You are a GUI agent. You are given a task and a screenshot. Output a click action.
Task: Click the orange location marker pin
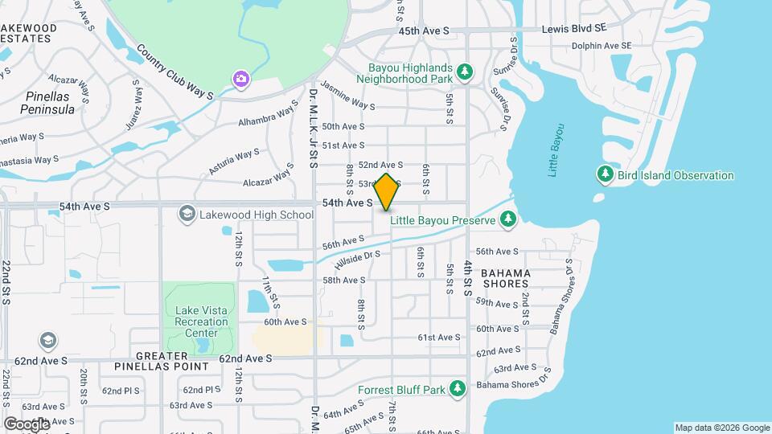386,192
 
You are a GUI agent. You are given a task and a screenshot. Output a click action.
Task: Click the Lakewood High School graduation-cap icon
187,214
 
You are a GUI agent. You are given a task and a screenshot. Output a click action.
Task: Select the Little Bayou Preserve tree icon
507,219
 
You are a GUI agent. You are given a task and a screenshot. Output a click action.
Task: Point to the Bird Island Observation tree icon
606,174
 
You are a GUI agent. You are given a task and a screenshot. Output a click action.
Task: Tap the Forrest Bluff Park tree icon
458,390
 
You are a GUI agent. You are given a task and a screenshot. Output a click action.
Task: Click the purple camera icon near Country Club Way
240,79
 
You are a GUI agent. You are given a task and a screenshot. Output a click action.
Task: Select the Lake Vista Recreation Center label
197,321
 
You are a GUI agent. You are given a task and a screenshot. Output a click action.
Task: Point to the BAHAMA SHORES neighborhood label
506,278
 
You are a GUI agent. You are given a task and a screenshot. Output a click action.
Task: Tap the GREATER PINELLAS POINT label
172,360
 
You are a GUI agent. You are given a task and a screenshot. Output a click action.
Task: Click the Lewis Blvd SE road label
573,27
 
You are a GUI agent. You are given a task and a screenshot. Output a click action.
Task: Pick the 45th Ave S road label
423,31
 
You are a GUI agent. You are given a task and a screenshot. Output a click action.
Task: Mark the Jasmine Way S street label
347,94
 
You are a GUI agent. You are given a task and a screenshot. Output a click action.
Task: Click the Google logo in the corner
27,424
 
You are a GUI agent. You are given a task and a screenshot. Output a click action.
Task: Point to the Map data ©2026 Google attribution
722,428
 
